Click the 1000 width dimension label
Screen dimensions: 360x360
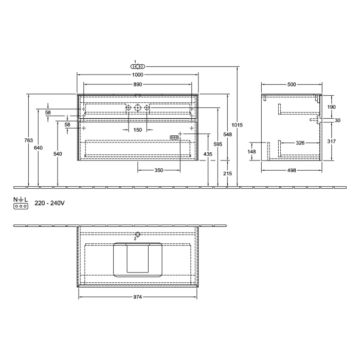pos(138,75)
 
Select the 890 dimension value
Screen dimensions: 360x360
pos(138,84)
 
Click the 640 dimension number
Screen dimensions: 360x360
pos(39,148)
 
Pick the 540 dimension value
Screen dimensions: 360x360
pos(58,154)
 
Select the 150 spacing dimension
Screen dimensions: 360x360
pos(137,130)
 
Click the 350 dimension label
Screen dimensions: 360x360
pos(159,170)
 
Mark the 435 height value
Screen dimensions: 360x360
pos(207,154)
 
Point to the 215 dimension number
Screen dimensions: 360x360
pos(228,173)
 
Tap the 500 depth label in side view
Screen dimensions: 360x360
pos(292,84)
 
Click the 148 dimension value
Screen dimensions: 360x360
pos(252,152)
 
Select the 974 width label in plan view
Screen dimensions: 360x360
pos(137,297)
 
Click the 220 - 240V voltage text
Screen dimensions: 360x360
pos(49,204)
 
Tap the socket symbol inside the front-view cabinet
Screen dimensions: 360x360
pos(174,137)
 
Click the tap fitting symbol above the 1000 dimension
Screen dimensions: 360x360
pos(138,66)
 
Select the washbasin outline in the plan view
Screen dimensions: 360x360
pos(138,259)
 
